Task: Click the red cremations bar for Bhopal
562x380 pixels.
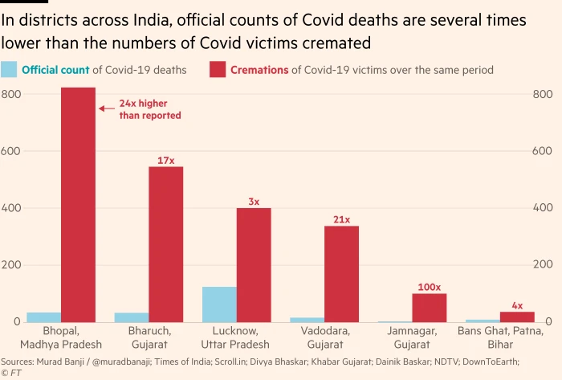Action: click(78, 205)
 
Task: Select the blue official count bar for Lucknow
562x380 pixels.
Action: click(219, 304)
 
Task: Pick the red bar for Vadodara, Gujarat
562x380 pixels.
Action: click(341, 274)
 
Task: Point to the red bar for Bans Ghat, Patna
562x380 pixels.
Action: click(517, 317)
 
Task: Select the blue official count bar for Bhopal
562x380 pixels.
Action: click(43, 317)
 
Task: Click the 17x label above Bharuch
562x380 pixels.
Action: click(165, 161)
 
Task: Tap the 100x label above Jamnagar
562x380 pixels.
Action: click(429, 287)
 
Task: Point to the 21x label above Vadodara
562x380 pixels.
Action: click(342, 219)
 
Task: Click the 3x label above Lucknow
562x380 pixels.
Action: click(254, 202)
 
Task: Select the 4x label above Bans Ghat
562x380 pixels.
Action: click(517, 305)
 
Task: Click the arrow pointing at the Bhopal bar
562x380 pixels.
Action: click(106, 107)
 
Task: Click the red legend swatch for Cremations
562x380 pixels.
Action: click(217, 70)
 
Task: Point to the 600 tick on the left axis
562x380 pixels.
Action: click(10, 151)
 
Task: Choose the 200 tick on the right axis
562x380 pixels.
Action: click(543, 265)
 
